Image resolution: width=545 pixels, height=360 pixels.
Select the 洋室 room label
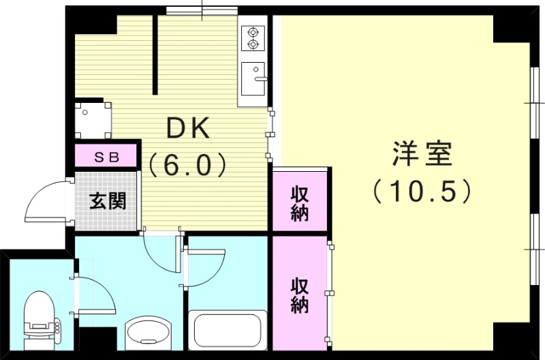tap(422, 155)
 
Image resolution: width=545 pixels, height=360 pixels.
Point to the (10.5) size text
tap(422, 192)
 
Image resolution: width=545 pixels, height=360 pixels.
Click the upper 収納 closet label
tap(300, 203)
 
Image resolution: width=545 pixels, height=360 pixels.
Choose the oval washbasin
tap(150, 333)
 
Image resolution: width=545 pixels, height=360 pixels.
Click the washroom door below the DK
tap(162, 256)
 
